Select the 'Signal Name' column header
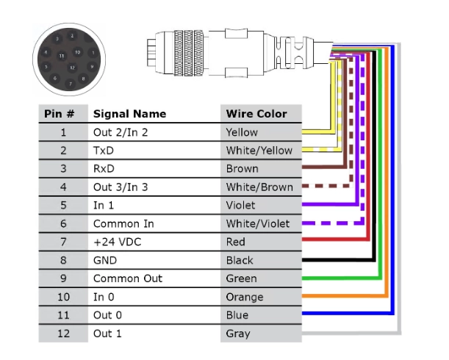coord(129,114)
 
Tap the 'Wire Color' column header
coord(256,114)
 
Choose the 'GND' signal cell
coord(104,260)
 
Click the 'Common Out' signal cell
coord(127,278)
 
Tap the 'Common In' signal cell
coord(123,223)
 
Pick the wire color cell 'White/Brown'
coord(259,187)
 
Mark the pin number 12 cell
coord(62,334)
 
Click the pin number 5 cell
coord(62,206)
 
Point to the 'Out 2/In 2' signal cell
coord(120,132)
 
